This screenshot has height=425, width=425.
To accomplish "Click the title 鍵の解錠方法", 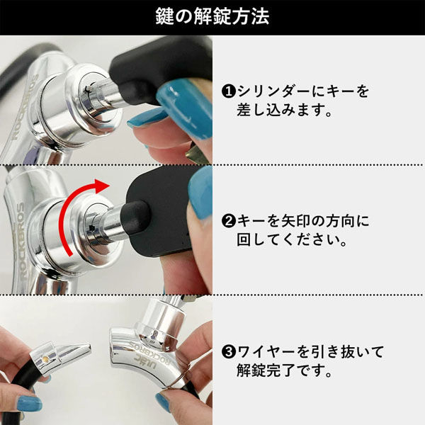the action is (212, 16).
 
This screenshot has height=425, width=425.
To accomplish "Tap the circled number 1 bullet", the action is (229, 91).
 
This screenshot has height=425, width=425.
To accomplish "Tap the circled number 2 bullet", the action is (229, 221).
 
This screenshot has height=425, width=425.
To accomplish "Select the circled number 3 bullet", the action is (229, 351).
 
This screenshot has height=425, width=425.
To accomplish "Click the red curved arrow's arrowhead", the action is (102, 186).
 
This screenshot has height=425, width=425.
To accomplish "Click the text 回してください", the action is (292, 240).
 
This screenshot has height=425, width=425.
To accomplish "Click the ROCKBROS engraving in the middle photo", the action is (21, 242).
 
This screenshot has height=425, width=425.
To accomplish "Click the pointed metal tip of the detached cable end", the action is (89, 346).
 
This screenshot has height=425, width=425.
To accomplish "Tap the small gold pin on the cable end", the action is (46, 359).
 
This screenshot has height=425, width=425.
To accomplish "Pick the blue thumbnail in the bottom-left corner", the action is (29, 403).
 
